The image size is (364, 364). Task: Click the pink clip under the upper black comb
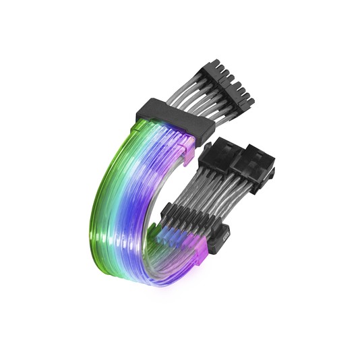click(191, 142)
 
